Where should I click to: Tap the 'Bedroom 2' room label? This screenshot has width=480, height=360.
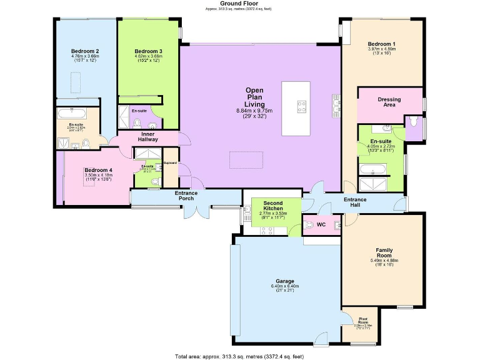[86, 51]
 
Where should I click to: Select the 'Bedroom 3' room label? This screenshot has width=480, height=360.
[149, 51]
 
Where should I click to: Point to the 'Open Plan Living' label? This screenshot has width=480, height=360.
[254, 97]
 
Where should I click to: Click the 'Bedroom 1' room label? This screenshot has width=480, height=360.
[381, 44]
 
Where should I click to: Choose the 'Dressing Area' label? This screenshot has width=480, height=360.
[389, 102]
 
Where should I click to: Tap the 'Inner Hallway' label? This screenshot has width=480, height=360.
[148, 136]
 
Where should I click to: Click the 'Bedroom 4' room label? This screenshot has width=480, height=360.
[98, 171]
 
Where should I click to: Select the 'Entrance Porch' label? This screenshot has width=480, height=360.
[186, 196]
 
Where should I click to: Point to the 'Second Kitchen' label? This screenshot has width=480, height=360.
[272, 206]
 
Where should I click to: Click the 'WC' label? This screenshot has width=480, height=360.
[321, 224]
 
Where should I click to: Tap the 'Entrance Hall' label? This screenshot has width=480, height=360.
[354, 202]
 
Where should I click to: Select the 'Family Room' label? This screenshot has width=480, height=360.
[384, 251]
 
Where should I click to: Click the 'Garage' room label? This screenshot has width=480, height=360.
[285, 281]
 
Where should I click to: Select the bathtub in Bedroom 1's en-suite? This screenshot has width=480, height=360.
[372, 169]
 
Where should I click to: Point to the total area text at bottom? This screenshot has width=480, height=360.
[240, 356]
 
